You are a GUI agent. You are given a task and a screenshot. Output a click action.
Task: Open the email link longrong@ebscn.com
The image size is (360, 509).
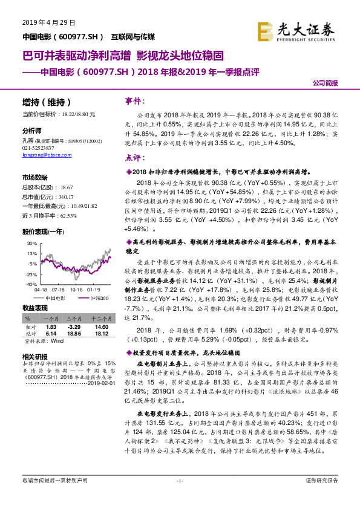point(40,154)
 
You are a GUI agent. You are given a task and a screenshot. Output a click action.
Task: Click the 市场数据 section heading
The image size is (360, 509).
point(34,177)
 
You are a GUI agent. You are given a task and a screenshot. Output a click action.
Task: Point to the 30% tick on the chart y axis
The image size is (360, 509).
point(31,243)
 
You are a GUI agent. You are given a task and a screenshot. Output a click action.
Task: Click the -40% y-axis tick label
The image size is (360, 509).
point(30,284)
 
